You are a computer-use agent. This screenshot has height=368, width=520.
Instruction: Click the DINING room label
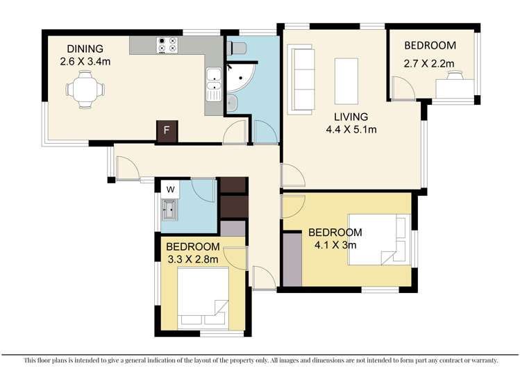pyautogui.click(x=85, y=49)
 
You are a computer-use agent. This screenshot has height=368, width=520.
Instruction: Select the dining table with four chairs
pyautogui.click(x=85, y=90)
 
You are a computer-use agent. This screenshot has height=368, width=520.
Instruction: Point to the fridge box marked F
pyautogui.click(x=166, y=131)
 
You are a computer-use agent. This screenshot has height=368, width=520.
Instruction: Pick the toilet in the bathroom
pyautogui.click(x=235, y=47)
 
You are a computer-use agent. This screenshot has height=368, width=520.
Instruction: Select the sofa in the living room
pyautogui.click(x=300, y=77)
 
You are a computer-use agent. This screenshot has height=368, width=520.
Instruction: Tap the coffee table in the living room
pyautogui.click(x=346, y=79)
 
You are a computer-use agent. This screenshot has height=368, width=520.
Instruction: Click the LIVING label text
pyautogui.click(x=349, y=117)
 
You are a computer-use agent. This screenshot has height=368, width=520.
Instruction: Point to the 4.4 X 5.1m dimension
pyautogui.click(x=349, y=129)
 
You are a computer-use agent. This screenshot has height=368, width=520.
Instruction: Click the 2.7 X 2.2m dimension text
pyautogui.click(x=430, y=65)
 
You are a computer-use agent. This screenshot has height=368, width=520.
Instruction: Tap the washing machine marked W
pyautogui.click(x=169, y=188)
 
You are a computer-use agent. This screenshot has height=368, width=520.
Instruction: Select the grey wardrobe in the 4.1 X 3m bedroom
pyautogui.click(x=292, y=260)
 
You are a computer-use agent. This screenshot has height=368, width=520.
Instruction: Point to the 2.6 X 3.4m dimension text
pyautogui.click(x=85, y=61)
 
